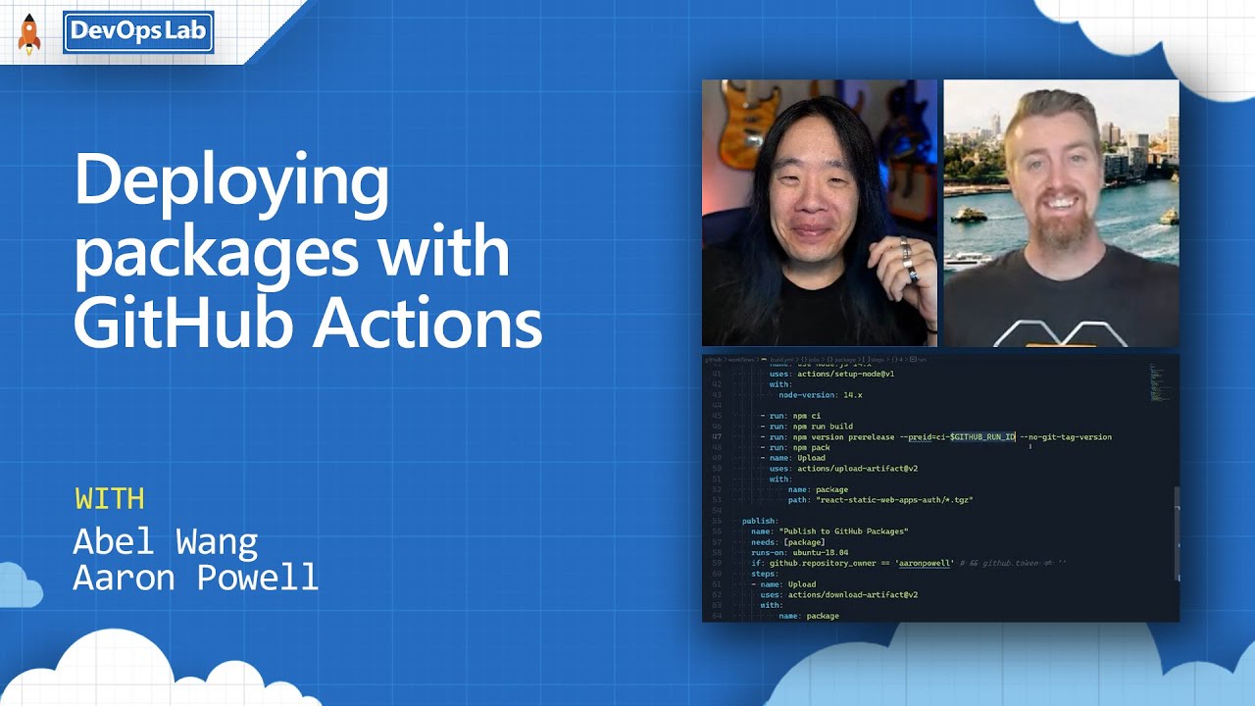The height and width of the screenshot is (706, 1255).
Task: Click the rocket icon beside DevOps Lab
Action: coord(29,34)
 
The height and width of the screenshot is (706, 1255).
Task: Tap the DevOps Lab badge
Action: coord(138,32)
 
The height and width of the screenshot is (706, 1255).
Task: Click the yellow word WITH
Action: coord(110,499)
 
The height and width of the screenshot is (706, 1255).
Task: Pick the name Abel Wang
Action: coord(166,541)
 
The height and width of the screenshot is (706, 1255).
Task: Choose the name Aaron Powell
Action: coord(196,578)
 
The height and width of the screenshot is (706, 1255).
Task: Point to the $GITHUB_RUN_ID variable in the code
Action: coord(982,436)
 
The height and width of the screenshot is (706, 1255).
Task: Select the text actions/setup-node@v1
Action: coord(844,374)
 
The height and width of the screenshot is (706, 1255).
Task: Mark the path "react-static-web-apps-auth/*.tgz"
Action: coord(894,500)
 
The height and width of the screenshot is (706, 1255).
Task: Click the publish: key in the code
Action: coord(760,521)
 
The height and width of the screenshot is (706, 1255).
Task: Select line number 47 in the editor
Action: coord(716,437)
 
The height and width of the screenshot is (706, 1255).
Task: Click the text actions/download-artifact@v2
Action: coord(853,594)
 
